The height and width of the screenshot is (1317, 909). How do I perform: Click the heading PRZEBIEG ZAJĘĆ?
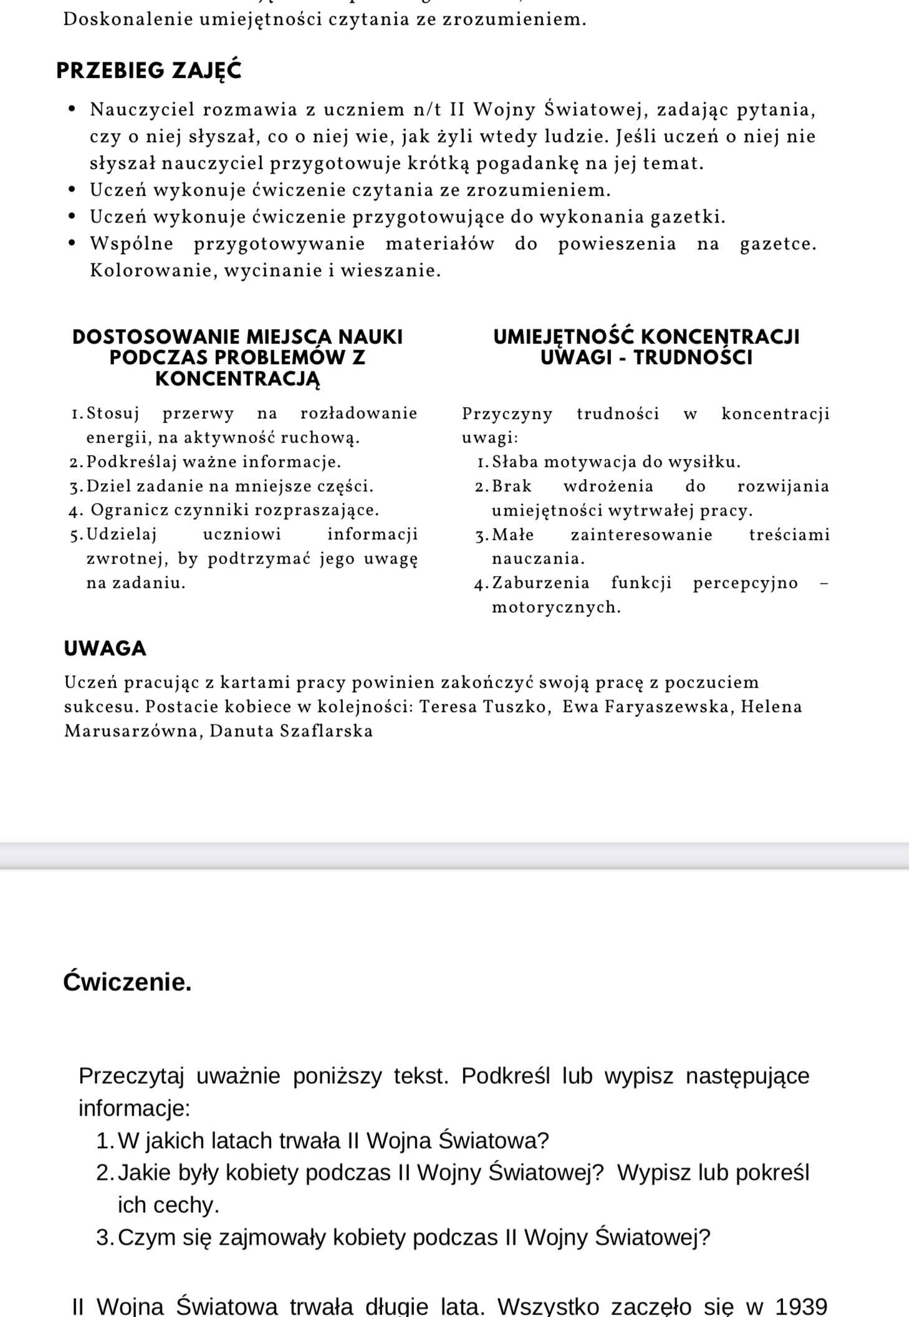148,70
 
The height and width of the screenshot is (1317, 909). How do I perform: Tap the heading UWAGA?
105,649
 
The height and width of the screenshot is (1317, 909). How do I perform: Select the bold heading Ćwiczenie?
127,982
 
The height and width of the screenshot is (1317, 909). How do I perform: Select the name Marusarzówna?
133,731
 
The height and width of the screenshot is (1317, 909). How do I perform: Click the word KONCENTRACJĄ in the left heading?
238,379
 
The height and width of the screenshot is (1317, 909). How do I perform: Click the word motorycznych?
555,607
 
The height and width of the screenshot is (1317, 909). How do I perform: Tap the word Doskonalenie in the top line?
127,20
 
